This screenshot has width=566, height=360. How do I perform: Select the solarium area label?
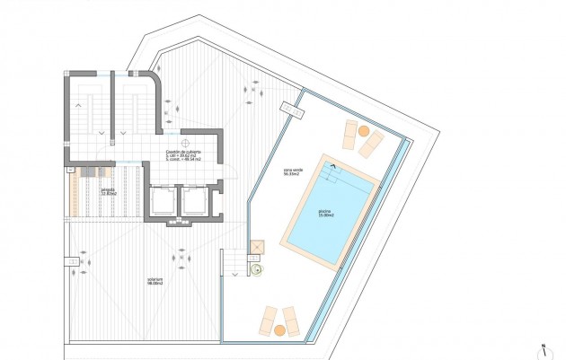[155, 283]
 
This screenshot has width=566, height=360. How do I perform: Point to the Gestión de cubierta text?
[183, 154]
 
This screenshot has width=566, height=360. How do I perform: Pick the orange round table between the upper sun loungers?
[364, 131]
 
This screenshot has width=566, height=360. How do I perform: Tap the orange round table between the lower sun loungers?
[279, 329]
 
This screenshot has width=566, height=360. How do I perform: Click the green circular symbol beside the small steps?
[257, 266]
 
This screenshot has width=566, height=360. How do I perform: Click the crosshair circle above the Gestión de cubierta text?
[184, 141]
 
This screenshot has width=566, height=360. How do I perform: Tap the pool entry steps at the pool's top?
[335, 173]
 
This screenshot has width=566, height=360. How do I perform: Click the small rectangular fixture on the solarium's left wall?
[69, 260]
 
